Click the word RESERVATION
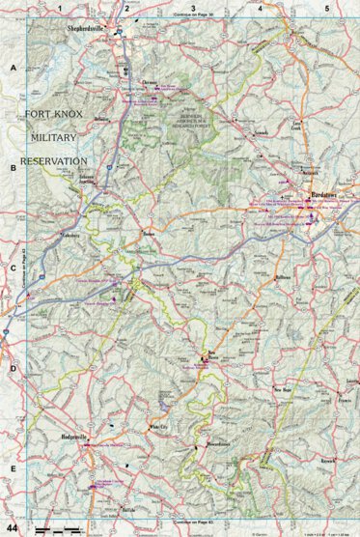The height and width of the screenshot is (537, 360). tap(55, 160)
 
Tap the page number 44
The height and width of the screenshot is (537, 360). tap(13, 527)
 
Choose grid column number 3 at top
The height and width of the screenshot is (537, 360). tap(193, 8)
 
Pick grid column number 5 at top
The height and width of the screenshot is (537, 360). tap(327, 8)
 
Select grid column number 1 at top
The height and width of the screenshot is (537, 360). tap(60, 8)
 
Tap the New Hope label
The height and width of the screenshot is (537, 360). tap(283, 389)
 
